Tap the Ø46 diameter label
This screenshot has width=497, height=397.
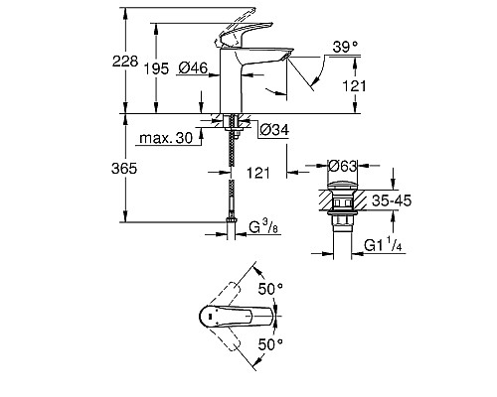tap(194, 66)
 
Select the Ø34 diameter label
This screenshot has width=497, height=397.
tap(273, 129)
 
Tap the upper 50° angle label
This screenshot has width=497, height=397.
tap(272, 287)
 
